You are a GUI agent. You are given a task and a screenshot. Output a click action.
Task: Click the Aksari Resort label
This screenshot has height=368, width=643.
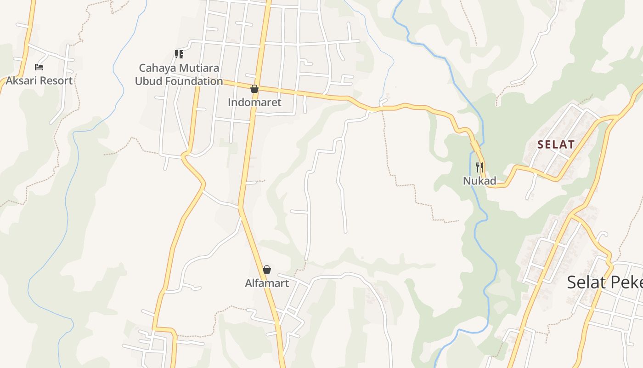39,80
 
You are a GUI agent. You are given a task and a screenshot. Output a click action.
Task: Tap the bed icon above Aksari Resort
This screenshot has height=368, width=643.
39,67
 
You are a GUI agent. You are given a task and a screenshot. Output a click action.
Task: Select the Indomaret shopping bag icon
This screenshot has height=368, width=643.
254,89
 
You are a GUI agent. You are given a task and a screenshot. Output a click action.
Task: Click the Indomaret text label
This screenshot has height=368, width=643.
254,102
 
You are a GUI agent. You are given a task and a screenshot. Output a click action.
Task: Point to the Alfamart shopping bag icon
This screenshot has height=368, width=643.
267,270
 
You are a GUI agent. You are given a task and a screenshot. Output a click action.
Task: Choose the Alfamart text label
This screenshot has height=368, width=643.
267,283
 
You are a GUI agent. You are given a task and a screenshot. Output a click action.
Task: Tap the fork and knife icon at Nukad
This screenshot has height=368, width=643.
479,167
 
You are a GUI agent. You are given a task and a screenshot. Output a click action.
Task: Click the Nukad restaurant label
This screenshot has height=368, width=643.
479,181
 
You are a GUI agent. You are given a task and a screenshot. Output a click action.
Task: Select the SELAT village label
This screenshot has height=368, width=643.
556,144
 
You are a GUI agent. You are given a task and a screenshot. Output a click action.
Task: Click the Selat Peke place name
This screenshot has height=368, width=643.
604,282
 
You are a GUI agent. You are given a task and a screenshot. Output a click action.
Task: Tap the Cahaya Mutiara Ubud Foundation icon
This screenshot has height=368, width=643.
179,54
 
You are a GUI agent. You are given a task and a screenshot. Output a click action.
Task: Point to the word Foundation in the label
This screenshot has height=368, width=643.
195,81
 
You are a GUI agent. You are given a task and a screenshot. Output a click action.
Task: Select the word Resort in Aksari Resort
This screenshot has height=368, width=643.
56,80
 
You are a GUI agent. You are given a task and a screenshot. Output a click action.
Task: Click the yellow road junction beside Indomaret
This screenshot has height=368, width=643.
257,86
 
